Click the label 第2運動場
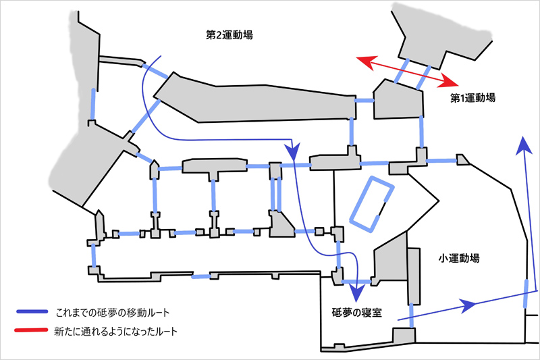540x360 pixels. [x=230, y=34]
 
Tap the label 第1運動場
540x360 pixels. [x=473, y=98]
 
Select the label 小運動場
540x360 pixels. [x=459, y=258]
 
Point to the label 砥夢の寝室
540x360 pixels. [x=357, y=313]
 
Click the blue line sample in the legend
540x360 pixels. [x=32, y=313]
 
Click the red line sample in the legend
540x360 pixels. [x=32, y=332]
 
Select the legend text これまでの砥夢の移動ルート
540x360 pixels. [x=112, y=313]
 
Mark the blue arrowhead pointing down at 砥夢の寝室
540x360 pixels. [x=357, y=292]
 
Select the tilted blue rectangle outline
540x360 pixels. [x=371, y=204]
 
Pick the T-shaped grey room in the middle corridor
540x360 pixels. [x=212, y=167]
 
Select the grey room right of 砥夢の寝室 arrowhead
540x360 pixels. [x=390, y=264]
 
